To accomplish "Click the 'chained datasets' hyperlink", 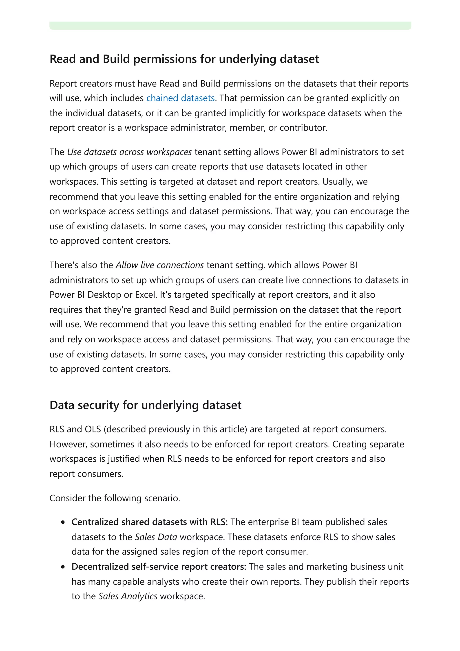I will click(x=180, y=98).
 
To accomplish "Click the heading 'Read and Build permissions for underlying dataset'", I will click(x=184, y=59).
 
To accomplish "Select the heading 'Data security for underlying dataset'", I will click(x=145, y=405).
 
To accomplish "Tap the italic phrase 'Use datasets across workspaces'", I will click(x=130, y=152).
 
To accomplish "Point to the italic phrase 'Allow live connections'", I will click(x=159, y=265).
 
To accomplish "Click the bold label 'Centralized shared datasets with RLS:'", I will click(x=149, y=522).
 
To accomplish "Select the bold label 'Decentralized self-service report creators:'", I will click(x=159, y=567).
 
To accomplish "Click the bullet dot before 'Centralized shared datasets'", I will click(x=63, y=522).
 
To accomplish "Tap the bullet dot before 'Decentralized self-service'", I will click(x=63, y=567).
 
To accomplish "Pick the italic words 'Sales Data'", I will click(x=156, y=537).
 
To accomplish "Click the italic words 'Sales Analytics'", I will click(x=128, y=596).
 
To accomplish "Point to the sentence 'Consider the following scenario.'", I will click(x=115, y=498).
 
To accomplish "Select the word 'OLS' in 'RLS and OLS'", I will click(x=93, y=429).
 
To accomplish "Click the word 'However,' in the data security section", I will click(x=68, y=444).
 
